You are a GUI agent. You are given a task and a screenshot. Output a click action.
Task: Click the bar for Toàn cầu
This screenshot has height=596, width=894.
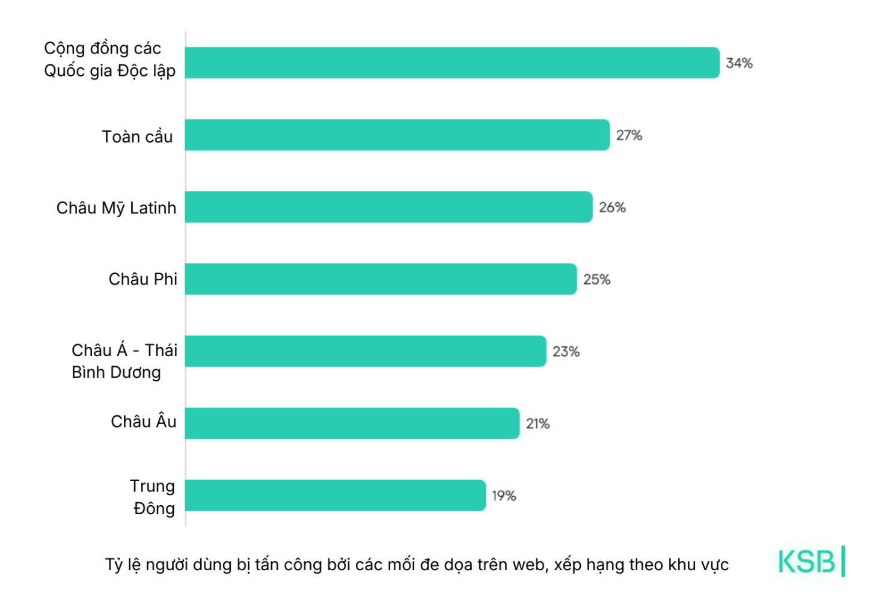[397, 135]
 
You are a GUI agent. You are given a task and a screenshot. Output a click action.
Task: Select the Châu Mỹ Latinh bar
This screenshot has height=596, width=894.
[388, 207]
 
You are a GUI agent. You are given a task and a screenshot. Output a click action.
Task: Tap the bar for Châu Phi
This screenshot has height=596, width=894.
[381, 279]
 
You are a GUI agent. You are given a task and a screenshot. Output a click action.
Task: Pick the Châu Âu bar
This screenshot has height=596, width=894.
[352, 423]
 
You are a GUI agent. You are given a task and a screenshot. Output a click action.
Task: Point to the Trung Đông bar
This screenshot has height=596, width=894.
[335, 496]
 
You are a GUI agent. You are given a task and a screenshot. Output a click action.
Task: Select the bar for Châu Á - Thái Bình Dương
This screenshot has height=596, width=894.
[366, 351]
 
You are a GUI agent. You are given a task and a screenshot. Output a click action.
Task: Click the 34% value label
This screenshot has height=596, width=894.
[739, 63]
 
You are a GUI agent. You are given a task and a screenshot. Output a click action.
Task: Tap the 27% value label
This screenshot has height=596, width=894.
[629, 135]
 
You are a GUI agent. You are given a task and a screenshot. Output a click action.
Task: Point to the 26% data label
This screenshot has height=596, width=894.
[612, 207]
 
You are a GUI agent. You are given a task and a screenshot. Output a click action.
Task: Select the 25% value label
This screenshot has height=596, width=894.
[596, 280]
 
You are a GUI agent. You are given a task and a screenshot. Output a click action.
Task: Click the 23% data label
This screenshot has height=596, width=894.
[566, 352]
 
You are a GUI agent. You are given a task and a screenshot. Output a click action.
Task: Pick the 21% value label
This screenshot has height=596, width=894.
[537, 424]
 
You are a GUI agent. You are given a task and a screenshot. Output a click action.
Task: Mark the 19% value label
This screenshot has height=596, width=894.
[504, 496]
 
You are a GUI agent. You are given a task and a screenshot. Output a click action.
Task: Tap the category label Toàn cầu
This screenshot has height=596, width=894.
[137, 137]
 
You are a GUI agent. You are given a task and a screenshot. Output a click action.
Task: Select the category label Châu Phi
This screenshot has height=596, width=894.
[143, 279]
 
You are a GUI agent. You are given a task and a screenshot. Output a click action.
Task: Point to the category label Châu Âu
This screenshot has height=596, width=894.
[144, 422]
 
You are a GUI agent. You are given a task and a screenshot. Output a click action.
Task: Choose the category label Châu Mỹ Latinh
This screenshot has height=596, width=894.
[117, 208]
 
